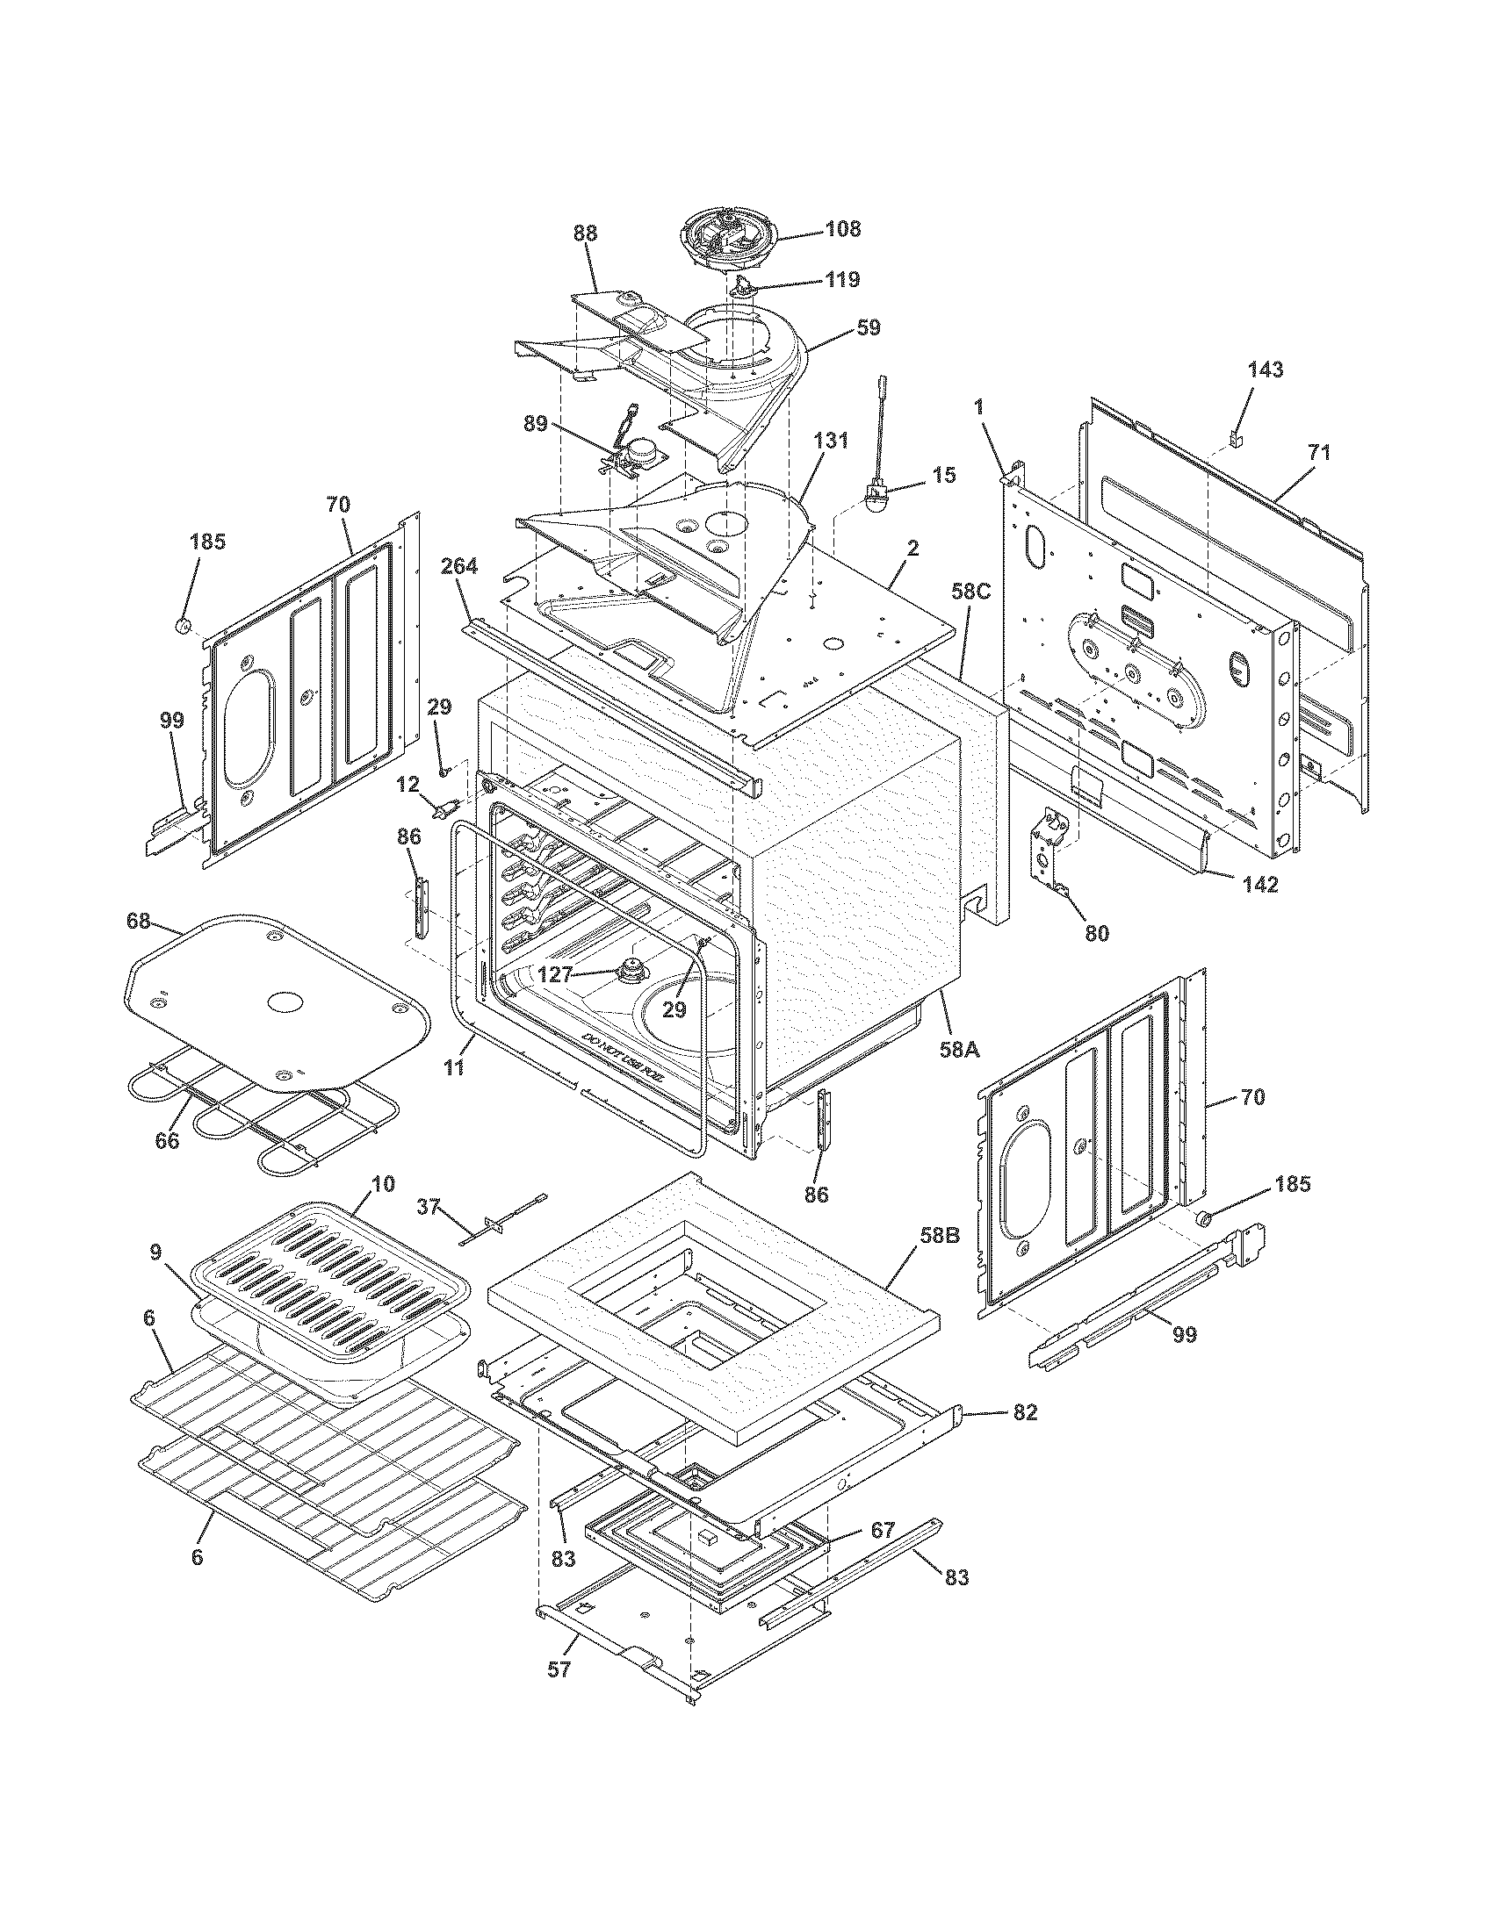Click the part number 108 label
click(842, 229)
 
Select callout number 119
click(842, 280)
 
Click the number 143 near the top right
click(1265, 370)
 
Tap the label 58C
click(970, 592)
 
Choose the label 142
click(1260, 883)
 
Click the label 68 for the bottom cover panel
click(139, 923)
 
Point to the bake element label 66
click(166, 1140)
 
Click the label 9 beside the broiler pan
click(155, 1253)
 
